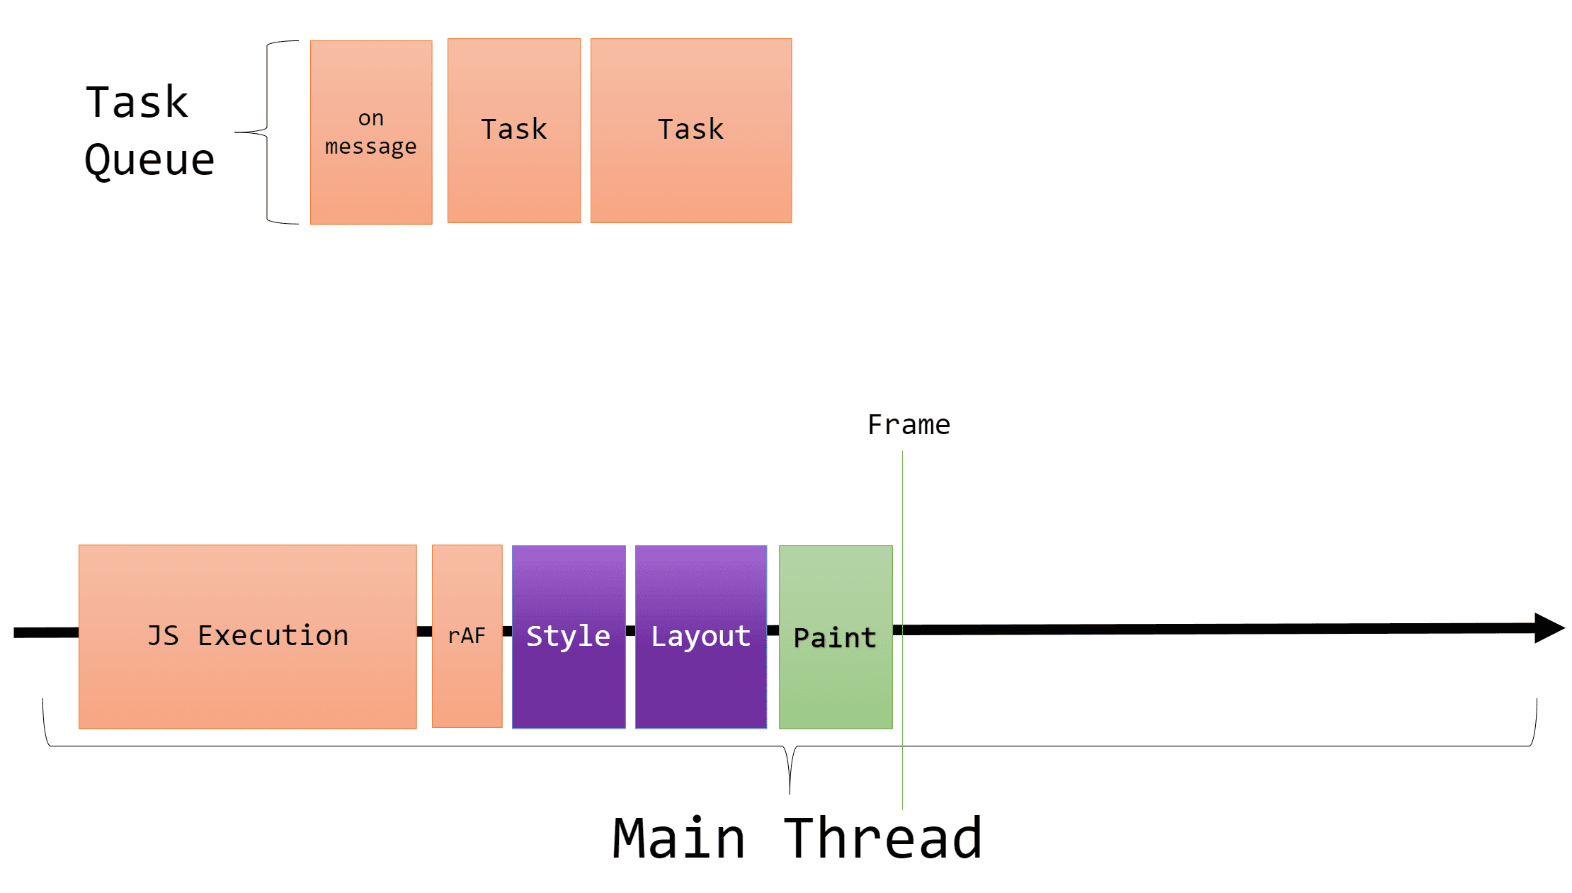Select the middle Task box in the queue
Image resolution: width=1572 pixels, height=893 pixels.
(514, 130)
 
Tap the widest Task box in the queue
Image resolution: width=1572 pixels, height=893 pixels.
(691, 130)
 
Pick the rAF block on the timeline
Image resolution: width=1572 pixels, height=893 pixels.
(467, 635)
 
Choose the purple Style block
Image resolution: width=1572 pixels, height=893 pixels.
(569, 635)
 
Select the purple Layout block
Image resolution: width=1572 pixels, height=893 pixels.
(700, 635)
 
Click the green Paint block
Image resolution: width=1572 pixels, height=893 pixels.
(836, 637)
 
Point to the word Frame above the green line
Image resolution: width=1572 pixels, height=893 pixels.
(909, 425)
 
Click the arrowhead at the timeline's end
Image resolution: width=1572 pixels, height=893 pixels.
(1549, 628)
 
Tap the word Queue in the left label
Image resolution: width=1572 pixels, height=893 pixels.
(149, 160)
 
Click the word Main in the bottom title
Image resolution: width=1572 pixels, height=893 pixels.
(678, 839)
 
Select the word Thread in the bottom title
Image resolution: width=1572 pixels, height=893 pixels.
(883, 839)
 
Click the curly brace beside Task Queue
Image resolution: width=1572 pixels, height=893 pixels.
(267, 132)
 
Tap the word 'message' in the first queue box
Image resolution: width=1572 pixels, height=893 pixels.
(370, 147)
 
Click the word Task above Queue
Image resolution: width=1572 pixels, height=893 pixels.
(137, 102)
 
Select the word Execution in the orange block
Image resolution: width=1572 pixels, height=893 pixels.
(273, 635)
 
